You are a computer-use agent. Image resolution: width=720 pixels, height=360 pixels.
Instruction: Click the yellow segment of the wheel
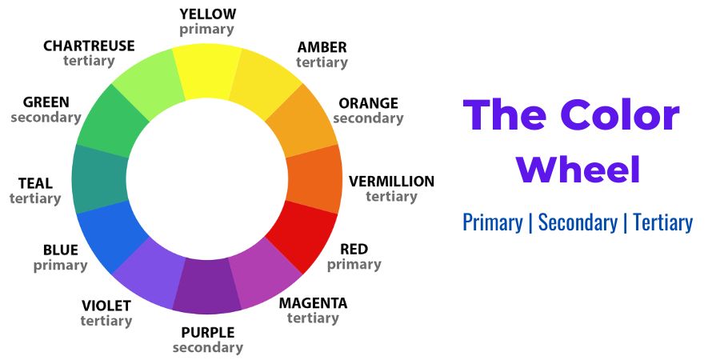pos(207,70)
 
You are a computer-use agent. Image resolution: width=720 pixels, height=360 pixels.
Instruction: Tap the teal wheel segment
pos(99,179)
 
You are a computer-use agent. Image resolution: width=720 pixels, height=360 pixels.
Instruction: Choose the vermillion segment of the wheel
pos(315,179)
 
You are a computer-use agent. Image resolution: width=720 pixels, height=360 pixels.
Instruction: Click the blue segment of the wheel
pos(110,237)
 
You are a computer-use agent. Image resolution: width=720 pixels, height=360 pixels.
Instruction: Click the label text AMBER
pos(322,47)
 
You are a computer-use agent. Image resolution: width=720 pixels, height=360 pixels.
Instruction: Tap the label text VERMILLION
pos(391,182)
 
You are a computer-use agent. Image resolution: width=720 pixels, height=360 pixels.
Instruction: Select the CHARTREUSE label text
pos(89,46)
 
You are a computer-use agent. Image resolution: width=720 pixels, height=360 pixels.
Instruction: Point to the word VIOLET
pos(106,306)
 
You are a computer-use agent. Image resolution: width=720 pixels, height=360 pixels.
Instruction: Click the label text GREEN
pos(46,102)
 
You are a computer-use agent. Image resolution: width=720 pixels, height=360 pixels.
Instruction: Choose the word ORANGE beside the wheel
pos(368,103)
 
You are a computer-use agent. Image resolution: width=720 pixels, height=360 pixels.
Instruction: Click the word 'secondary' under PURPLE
pos(207,348)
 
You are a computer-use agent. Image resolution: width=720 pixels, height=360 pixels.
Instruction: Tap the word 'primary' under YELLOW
pos(206,30)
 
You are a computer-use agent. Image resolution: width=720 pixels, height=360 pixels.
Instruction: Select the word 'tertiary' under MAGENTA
pos(313,318)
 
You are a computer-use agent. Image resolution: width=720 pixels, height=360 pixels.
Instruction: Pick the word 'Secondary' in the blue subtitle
pos(578,222)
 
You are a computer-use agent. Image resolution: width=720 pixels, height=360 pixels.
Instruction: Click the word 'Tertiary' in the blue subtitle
pos(662,222)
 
